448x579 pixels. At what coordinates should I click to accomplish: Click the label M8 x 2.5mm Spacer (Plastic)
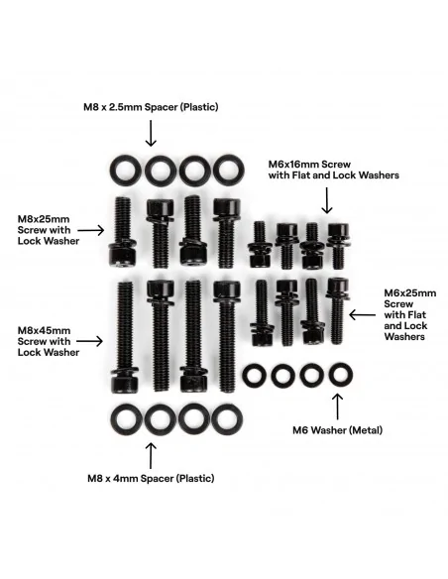pyautogui.click(x=151, y=107)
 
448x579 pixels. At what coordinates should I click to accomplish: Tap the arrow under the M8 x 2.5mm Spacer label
pyautogui.click(x=151, y=133)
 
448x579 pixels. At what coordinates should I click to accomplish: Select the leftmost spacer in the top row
pyautogui.click(x=126, y=170)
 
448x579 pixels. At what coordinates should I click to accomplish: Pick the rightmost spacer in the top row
pyautogui.click(x=228, y=170)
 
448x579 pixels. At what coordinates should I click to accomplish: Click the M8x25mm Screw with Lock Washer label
pyautogui.click(x=49, y=230)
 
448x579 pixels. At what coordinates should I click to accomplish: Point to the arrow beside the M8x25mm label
pyautogui.click(x=91, y=230)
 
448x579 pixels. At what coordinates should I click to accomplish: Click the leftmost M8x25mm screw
pyautogui.click(x=124, y=231)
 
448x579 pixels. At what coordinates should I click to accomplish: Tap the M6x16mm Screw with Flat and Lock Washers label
pyautogui.click(x=334, y=170)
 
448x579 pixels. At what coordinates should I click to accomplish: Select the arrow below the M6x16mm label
pyautogui.click(x=327, y=200)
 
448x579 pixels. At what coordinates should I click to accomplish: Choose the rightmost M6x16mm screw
pyautogui.click(x=338, y=246)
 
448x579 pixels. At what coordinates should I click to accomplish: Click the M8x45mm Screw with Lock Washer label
pyautogui.click(x=49, y=341)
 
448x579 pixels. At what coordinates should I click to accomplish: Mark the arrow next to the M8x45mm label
pyautogui.click(x=89, y=341)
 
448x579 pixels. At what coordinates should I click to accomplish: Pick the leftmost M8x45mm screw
pyautogui.click(x=125, y=337)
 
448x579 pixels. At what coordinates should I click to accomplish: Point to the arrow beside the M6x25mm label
pyautogui.click(x=363, y=315)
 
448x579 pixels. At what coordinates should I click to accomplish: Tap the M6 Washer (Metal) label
pyautogui.click(x=337, y=430)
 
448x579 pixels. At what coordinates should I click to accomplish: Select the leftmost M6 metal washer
pyautogui.click(x=255, y=376)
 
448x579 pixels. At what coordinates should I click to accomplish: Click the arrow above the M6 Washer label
pyautogui.click(x=337, y=406)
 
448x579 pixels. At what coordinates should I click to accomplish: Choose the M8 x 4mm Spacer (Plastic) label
pyautogui.click(x=151, y=478)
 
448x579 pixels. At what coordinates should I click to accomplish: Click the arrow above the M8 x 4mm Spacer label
pyautogui.click(x=151, y=456)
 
